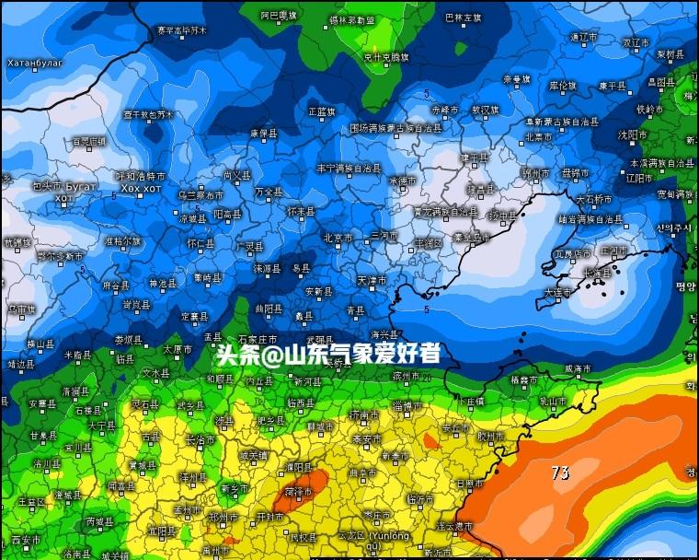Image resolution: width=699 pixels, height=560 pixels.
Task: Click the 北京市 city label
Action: pyautogui.click(x=337, y=238)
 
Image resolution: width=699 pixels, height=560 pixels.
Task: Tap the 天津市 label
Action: pyautogui.click(x=372, y=279)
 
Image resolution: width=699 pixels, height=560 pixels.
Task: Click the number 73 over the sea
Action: pyautogui.click(x=559, y=472)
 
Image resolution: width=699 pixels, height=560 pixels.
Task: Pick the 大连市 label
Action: pyautogui.click(x=557, y=292)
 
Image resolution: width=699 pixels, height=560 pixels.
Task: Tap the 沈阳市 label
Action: pyautogui.click(x=633, y=134)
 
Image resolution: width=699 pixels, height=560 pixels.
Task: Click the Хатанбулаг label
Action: pyautogui.click(x=35, y=63)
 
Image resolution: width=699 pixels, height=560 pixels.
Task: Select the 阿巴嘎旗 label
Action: pyautogui.click(x=279, y=16)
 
